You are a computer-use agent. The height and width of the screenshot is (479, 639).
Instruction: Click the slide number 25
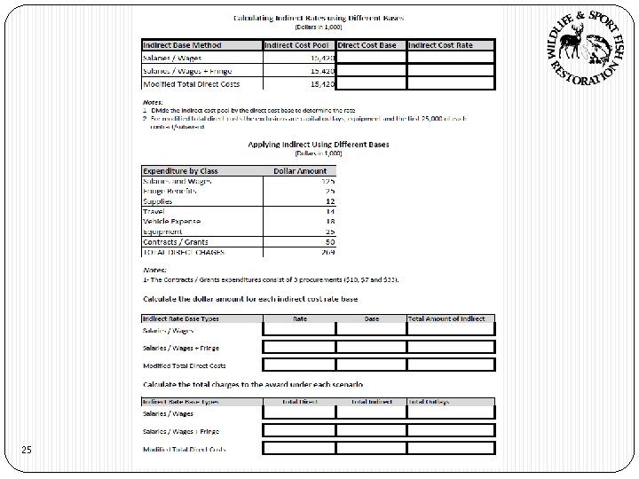pyautogui.click(x=28, y=452)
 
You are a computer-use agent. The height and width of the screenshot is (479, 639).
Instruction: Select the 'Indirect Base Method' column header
pyautogui.click(x=182, y=45)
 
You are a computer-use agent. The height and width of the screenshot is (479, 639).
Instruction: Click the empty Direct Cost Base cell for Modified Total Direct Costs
pyautogui.click(x=371, y=84)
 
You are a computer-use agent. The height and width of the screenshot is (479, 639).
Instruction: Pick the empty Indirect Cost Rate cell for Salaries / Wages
pyautogui.click(x=451, y=58)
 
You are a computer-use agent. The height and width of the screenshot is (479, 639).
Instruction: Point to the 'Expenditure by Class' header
pyautogui.click(x=180, y=171)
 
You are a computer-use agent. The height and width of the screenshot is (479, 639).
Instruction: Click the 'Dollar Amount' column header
pyautogui.click(x=300, y=171)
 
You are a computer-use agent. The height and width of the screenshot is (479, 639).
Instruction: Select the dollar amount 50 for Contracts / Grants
pyautogui.click(x=329, y=240)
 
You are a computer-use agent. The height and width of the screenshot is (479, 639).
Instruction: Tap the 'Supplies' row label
pyautogui.click(x=157, y=201)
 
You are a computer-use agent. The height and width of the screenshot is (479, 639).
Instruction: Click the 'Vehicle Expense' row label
pyautogui.click(x=171, y=221)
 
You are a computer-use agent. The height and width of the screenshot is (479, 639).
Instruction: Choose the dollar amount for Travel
pyautogui.click(x=330, y=211)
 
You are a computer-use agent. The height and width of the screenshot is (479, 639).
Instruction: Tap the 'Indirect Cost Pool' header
pyautogui.click(x=299, y=45)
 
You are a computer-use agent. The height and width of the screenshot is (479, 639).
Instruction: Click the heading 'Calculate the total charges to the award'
pyautogui.click(x=253, y=384)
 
